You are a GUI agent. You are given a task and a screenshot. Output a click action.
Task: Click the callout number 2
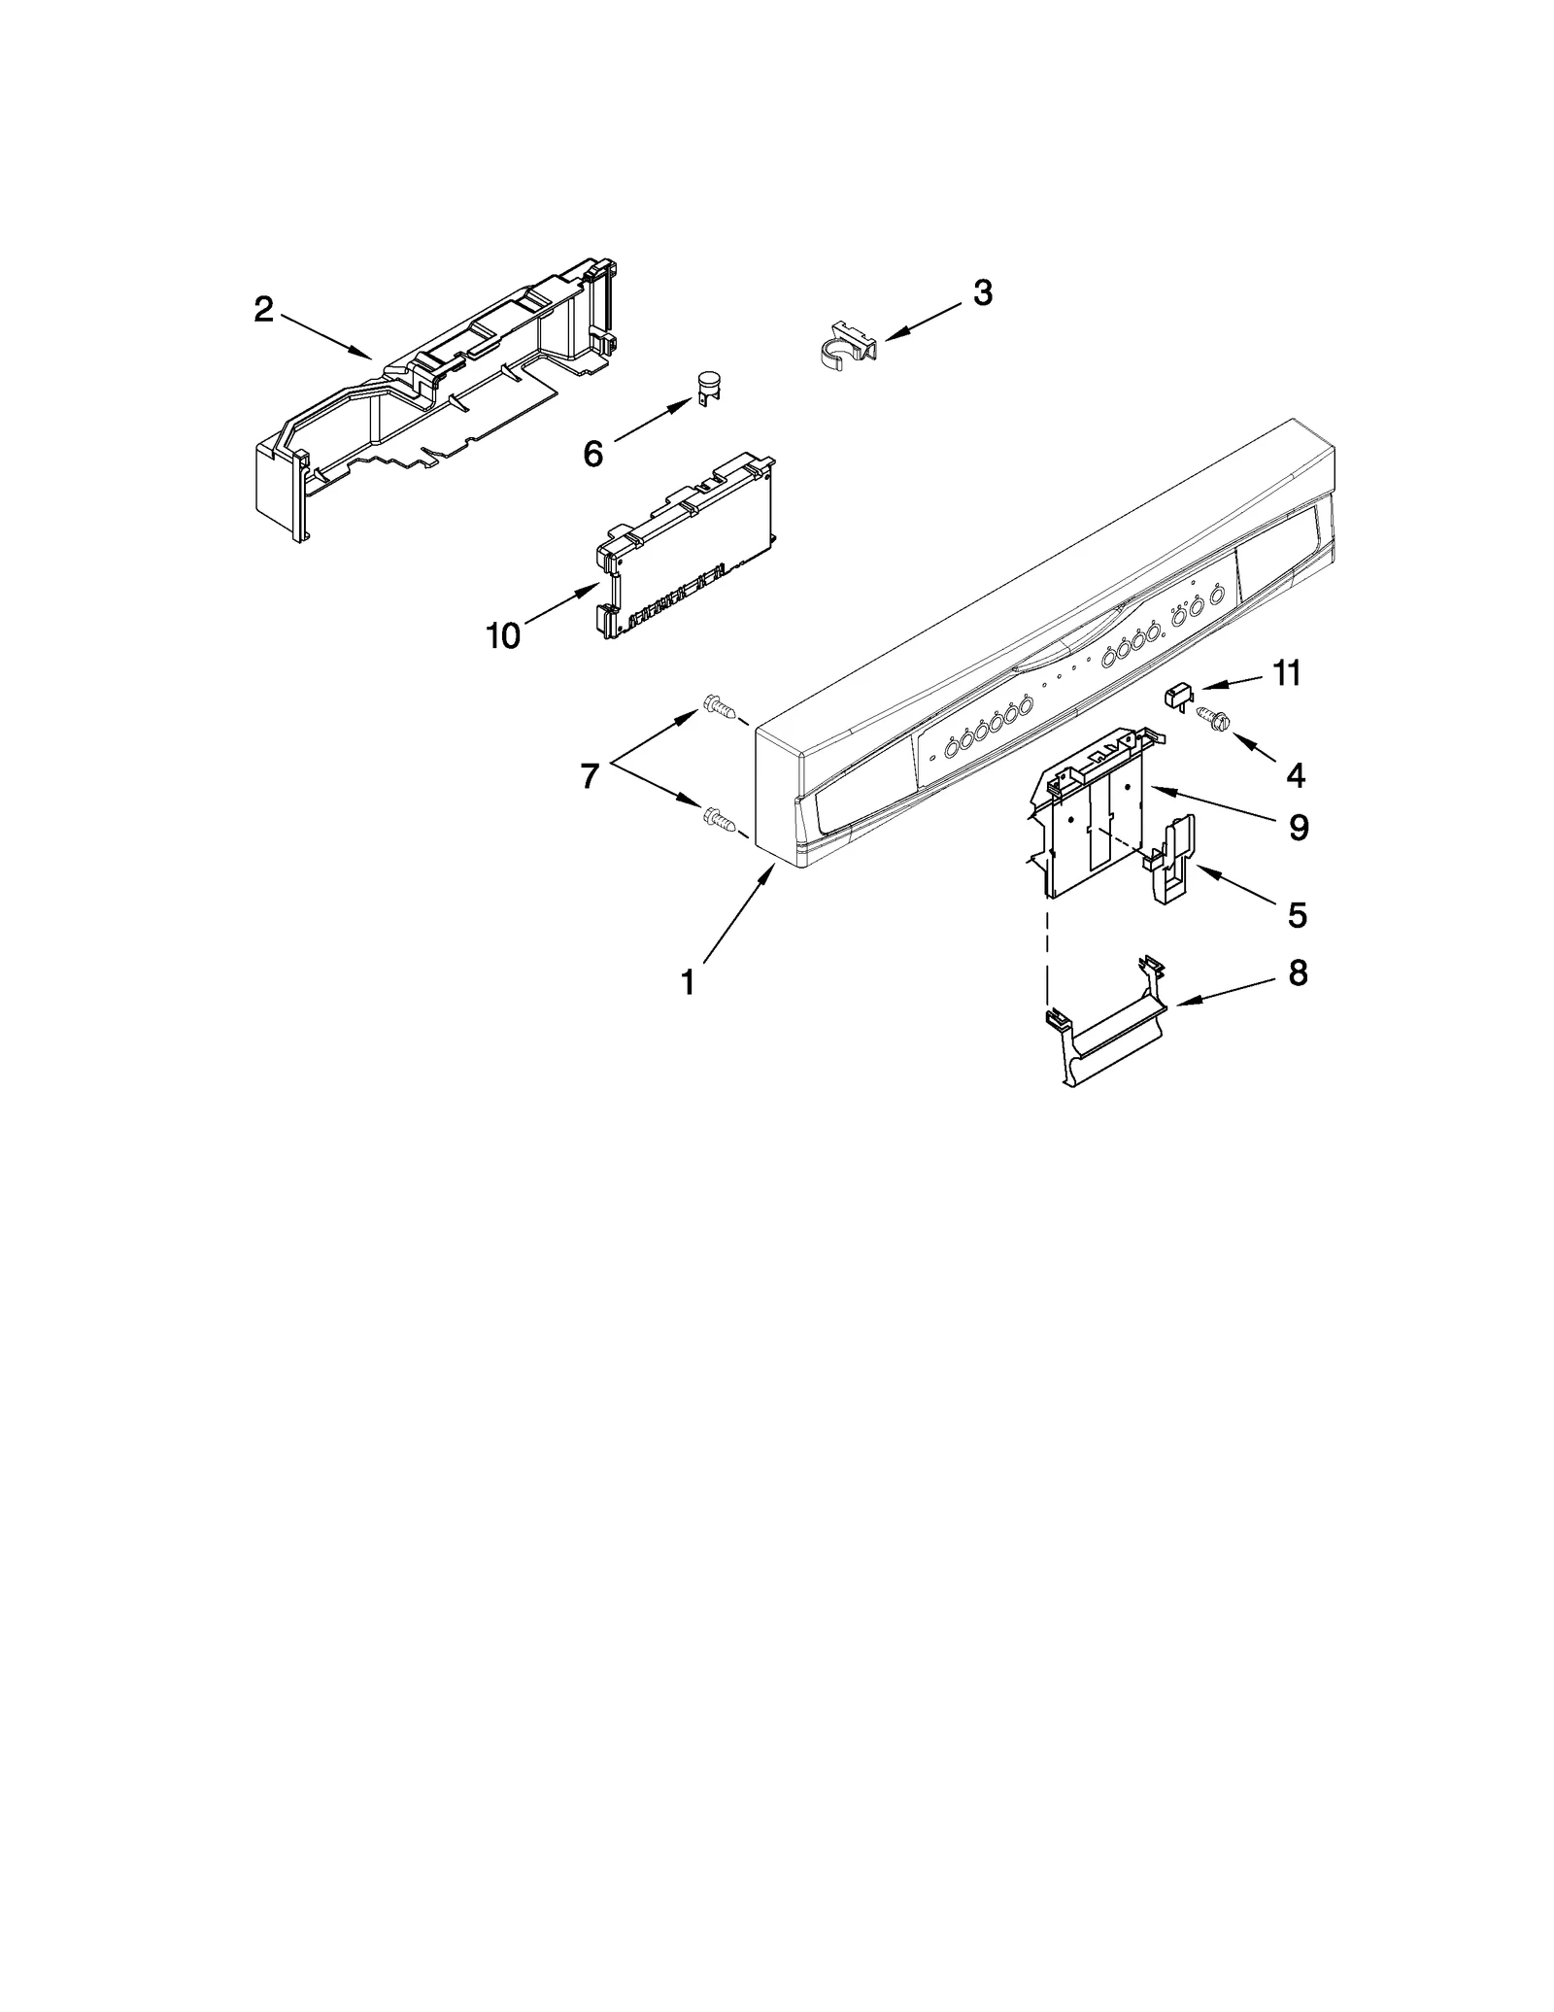click(x=263, y=311)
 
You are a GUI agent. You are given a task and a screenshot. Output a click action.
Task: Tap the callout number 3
click(x=982, y=292)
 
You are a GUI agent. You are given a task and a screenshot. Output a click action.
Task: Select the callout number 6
click(x=592, y=453)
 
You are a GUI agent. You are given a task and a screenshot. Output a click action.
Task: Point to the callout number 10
click(x=504, y=636)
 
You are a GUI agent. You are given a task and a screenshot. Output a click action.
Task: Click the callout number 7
click(x=589, y=776)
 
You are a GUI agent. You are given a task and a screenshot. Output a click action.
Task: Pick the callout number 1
click(x=688, y=983)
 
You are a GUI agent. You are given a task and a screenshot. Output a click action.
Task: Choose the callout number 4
click(x=1295, y=774)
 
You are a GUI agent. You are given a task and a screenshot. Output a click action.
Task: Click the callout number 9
click(x=1299, y=828)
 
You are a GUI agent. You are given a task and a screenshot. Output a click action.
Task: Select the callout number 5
click(x=1297, y=914)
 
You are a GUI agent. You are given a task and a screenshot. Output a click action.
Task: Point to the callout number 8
click(x=1298, y=973)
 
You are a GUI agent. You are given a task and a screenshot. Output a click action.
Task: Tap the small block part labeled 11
click(x=1178, y=694)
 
